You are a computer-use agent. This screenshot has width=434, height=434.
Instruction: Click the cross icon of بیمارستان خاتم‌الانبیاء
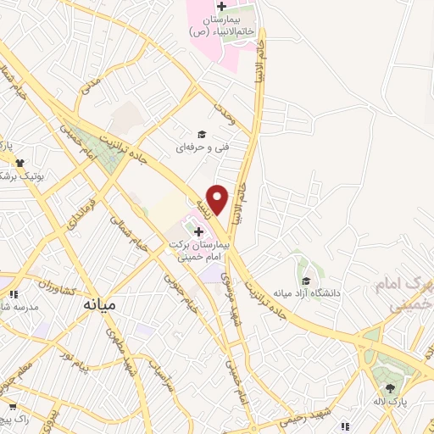click(x=221, y=6)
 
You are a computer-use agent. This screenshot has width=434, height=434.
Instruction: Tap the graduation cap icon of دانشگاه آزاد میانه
click(x=305, y=281)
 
